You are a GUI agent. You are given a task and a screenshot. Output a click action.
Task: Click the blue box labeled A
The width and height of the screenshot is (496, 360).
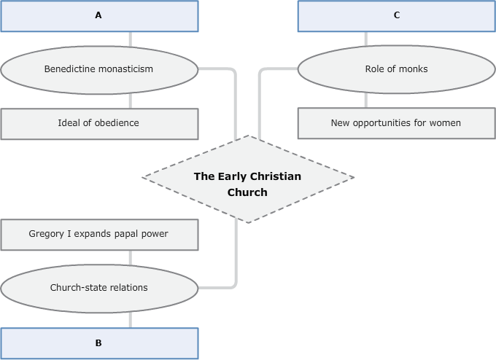pyautogui.click(x=99, y=16)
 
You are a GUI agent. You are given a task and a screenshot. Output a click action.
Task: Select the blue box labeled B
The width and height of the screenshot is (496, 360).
pyautogui.click(x=99, y=343)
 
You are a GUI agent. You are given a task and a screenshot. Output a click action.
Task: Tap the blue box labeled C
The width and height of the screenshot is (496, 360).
pyautogui.click(x=396, y=16)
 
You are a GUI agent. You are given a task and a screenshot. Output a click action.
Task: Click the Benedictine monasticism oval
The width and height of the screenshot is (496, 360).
pyautogui.click(x=99, y=70)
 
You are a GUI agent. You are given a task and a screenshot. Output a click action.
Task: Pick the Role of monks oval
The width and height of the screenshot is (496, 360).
pyautogui.click(x=396, y=70)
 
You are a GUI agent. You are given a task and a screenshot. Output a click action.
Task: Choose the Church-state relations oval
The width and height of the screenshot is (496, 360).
pyautogui.click(x=99, y=288)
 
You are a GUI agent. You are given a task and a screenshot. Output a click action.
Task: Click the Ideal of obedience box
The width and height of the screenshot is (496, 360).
pyautogui.click(x=99, y=123)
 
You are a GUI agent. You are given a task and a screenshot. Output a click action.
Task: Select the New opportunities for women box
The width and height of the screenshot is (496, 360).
pyautogui.click(x=396, y=123)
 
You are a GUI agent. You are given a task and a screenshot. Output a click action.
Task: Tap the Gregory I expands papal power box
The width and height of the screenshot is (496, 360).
pyautogui.click(x=99, y=234)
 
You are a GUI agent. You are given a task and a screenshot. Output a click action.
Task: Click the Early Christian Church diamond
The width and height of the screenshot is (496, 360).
pyautogui.click(x=247, y=179)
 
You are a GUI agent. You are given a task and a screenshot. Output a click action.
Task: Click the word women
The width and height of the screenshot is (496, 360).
pyautogui.click(x=446, y=123)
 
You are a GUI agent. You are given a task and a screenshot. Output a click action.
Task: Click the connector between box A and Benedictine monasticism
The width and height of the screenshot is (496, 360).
pyautogui.click(x=131, y=40)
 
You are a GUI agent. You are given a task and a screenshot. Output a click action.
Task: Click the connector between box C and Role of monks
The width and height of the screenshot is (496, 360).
pyautogui.click(x=366, y=40)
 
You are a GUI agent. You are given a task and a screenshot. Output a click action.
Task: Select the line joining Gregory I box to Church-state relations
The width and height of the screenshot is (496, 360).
pyautogui.click(x=131, y=259)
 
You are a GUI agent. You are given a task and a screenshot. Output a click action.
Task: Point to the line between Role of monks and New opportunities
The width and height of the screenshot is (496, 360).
pyautogui.click(x=366, y=99)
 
